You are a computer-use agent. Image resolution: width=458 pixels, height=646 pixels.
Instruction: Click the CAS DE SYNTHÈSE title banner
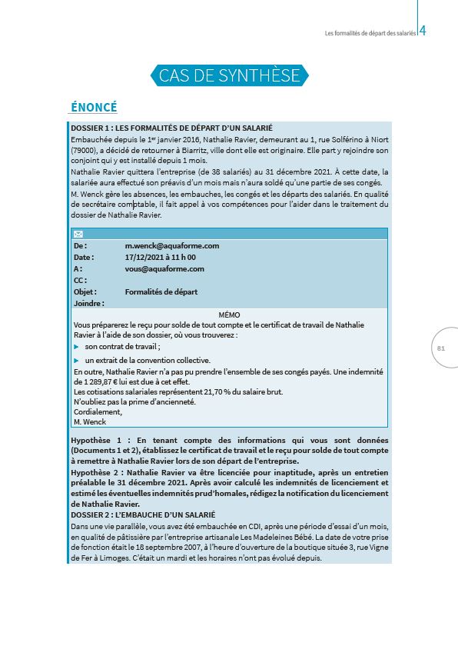tap(228, 75)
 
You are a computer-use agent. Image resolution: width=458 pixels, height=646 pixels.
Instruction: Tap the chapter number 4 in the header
tap(423, 32)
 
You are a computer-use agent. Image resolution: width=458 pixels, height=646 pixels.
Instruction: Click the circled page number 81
tap(441, 348)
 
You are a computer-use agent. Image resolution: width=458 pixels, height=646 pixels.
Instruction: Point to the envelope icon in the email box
tap(78, 234)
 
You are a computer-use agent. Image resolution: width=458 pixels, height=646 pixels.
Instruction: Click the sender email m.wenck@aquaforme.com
tap(172, 245)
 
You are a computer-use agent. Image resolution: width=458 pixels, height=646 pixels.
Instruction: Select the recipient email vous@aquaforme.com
tap(164, 268)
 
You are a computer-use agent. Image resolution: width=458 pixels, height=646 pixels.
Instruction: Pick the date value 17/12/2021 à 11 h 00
tap(161, 257)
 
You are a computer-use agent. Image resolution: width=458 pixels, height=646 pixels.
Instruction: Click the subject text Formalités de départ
tap(161, 291)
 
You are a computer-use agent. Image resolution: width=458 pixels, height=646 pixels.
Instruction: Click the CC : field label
tap(80, 280)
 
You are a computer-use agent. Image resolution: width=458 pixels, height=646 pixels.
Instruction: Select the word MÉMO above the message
tap(229, 315)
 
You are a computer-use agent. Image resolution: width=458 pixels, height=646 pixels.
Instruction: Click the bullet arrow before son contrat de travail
tap(76, 348)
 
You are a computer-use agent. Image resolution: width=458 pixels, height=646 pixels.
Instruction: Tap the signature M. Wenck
tap(89, 421)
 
